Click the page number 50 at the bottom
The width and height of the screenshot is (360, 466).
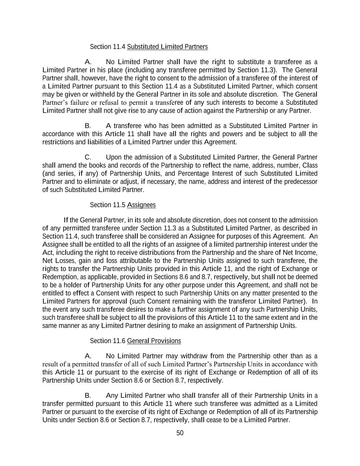point(180,433)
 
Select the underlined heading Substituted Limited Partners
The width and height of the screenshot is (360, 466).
point(167,47)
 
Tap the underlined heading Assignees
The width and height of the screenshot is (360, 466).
point(141,205)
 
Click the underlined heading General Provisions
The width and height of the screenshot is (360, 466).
point(154,341)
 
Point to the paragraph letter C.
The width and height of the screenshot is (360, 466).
point(88,157)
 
